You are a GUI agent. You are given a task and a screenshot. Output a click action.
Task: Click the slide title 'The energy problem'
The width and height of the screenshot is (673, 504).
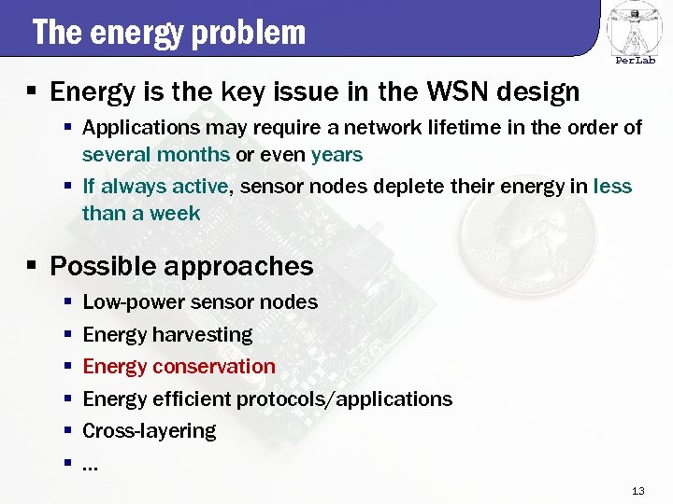click(x=169, y=32)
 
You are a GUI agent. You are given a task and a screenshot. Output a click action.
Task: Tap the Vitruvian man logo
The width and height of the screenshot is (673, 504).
click(x=635, y=27)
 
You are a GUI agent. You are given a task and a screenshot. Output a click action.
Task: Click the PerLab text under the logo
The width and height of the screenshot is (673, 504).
click(x=635, y=61)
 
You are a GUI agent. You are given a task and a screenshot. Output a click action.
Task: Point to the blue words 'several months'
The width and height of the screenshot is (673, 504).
click(x=155, y=154)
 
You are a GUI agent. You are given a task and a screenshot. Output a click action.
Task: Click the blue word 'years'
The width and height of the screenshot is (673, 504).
click(x=336, y=154)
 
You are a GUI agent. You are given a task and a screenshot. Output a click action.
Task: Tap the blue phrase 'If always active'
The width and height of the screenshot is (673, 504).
click(x=155, y=187)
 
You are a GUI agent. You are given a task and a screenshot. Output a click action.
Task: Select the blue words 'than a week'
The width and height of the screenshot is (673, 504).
click(x=141, y=213)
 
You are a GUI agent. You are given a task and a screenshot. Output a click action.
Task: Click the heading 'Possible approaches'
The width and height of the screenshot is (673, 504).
click(x=181, y=266)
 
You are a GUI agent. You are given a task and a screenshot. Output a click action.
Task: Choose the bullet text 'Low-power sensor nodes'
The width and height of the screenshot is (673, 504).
click(x=200, y=302)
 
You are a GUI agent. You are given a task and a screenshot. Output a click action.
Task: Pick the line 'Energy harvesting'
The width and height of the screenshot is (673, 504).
click(x=167, y=334)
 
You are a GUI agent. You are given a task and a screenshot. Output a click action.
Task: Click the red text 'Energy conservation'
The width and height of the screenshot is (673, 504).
click(x=179, y=367)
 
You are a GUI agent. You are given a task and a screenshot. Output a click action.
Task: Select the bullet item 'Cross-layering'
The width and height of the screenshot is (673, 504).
click(x=150, y=431)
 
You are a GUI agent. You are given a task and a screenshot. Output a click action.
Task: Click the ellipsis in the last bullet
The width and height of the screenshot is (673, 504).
click(x=91, y=465)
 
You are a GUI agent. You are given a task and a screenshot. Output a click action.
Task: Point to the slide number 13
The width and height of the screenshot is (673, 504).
click(x=639, y=491)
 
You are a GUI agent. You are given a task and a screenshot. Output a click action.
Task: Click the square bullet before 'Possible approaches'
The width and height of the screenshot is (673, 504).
click(x=32, y=267)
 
